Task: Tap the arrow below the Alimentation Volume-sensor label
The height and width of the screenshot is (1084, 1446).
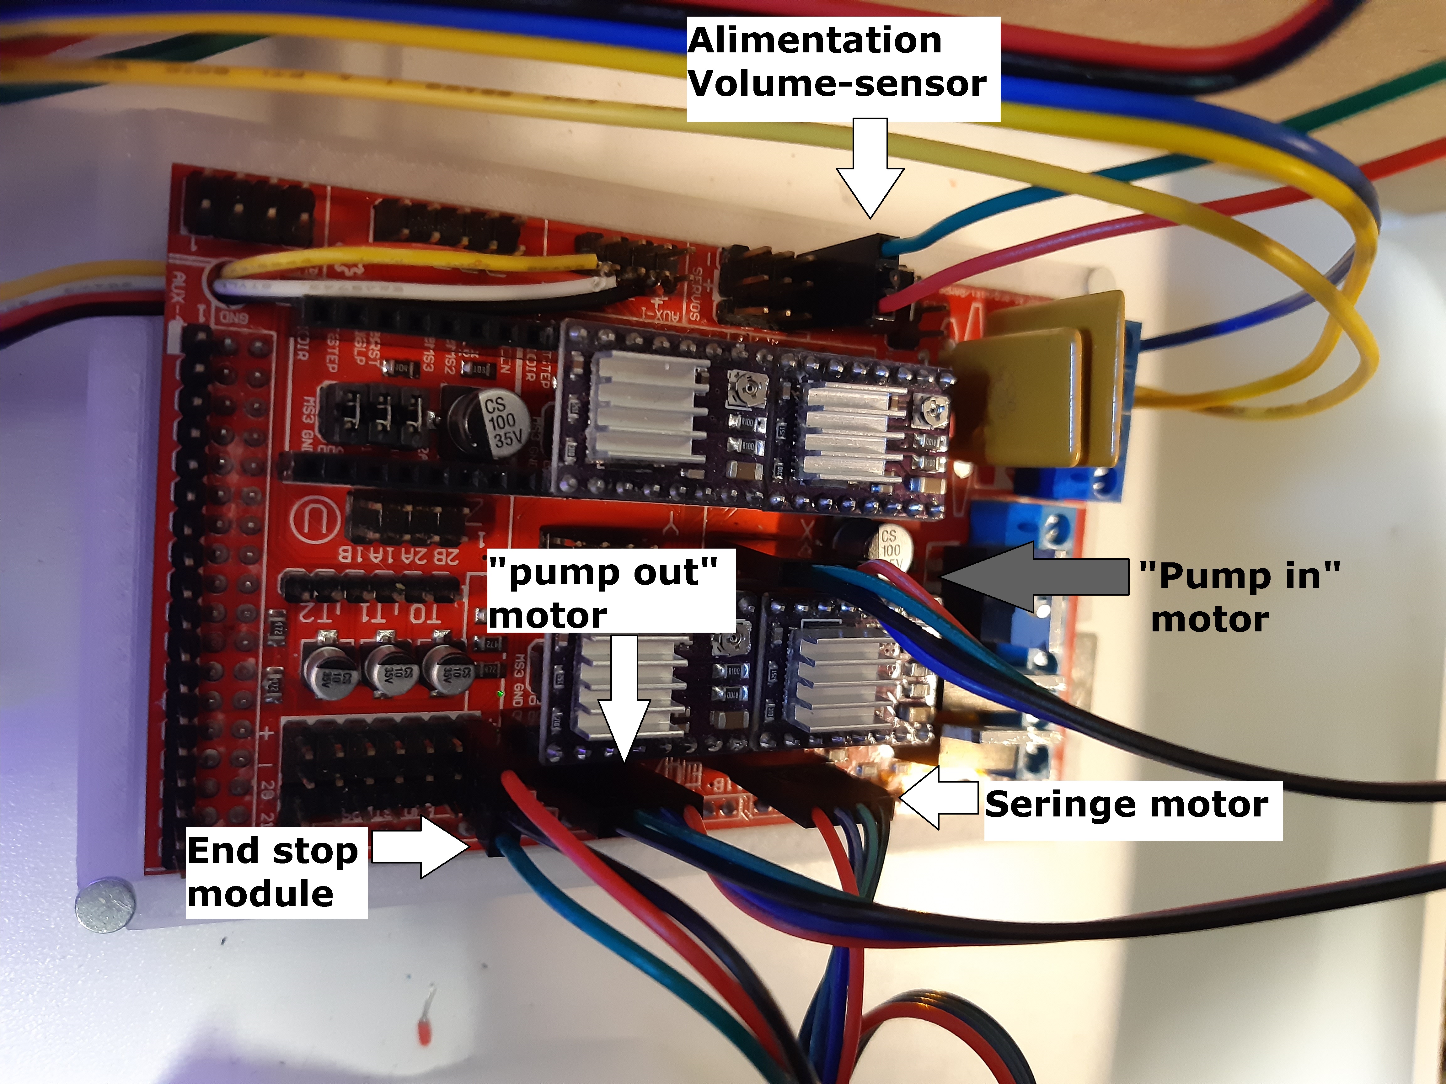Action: pos(870,170)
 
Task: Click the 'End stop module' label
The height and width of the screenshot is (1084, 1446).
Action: pos(275,872)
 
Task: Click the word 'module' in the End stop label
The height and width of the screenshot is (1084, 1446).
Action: pos(260,894)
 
